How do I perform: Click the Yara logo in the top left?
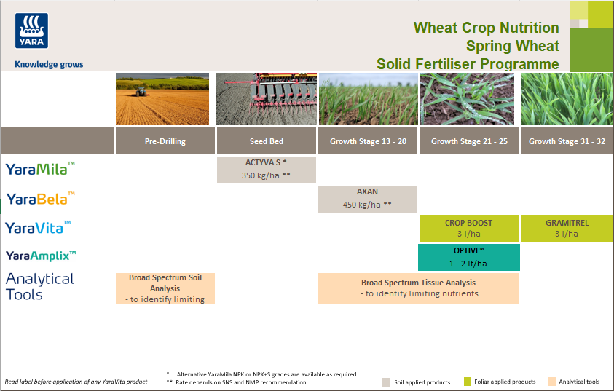point(30,33)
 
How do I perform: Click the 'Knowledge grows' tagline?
point(49,64)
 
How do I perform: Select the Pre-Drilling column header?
point(165,141)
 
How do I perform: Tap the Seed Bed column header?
point(266,141)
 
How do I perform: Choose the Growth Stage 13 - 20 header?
point(368,141)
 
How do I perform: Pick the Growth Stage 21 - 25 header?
point(468,141)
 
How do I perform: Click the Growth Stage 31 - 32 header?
point(567,141)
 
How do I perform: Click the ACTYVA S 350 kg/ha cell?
point(266,170)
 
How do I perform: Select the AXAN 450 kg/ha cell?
point(367,199)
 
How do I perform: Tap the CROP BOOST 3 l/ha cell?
point(468,228)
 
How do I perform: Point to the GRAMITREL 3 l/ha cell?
point(567,228)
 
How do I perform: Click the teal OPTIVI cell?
point(468,257)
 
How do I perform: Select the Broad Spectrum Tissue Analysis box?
point(418,288)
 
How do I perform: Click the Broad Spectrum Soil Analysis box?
point(165,288)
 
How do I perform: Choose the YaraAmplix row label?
point(41,256)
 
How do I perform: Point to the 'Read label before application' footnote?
point(76,382)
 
